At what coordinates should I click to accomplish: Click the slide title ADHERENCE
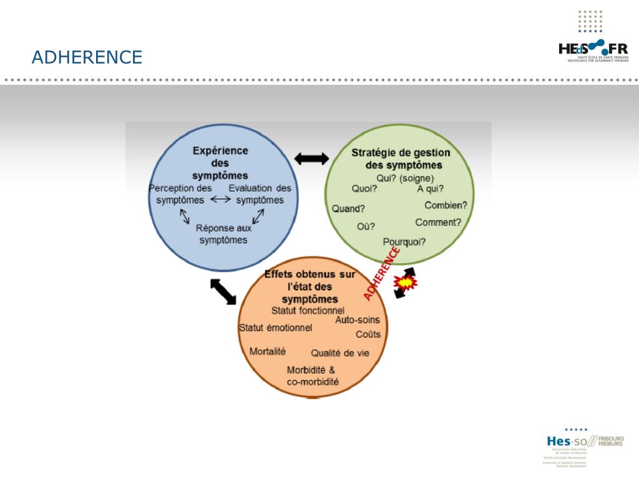(87, 57)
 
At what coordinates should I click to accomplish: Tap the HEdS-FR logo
(593, 50)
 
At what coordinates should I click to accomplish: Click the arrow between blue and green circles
(311, 158)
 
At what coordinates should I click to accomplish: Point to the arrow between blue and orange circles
(223, 291)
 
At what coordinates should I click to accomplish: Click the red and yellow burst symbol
(406, 284)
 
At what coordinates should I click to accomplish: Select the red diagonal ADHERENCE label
(382, 273)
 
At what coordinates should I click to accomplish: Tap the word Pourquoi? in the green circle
(404, 241)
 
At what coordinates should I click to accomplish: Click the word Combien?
(446, 205)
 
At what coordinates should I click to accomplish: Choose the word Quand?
(348, 208)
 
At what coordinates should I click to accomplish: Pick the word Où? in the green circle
(366, 226)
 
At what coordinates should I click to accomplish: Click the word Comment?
(438, 222)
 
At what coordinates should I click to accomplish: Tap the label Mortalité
(267, 351)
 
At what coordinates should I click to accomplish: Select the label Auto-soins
(358, 320)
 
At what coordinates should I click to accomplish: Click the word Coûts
(368, 334)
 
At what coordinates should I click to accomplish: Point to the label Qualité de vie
(340, 353)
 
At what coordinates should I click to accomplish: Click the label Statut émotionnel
(275, 328)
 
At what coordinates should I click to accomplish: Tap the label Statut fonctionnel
(308, 310)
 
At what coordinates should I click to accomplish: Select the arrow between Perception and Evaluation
(220, 200)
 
